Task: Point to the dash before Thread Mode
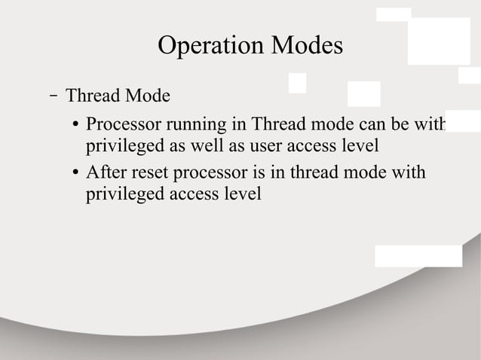[53, 96]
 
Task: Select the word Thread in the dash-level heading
[93, 97]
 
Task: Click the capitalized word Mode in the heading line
[147, 97]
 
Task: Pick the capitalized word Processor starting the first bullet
[120, 124]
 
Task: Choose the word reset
[151, 173]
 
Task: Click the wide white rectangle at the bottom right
[418, 255]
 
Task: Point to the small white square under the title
[297, 83]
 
